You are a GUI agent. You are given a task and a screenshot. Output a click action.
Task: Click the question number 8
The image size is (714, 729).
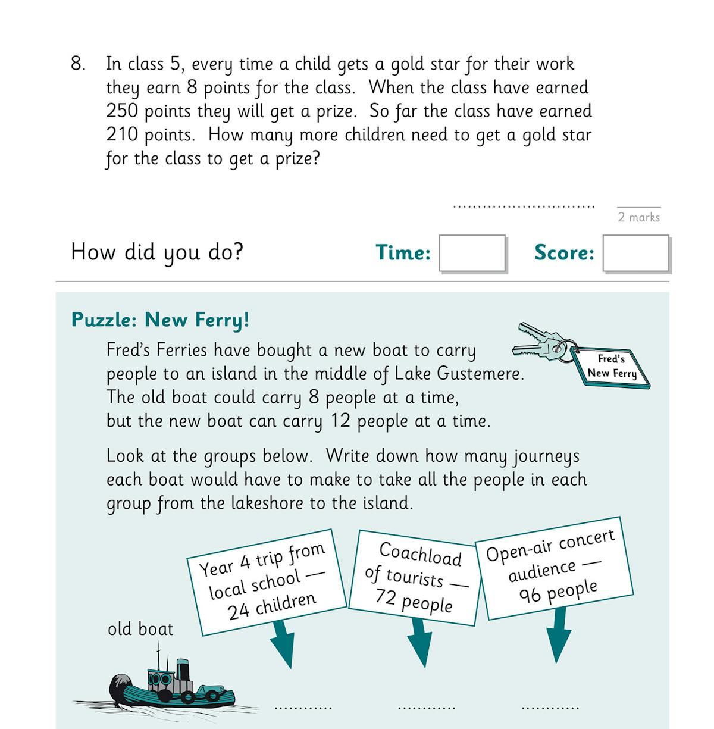pos(77,64)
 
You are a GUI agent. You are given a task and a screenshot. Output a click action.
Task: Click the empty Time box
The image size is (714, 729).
pos(472,254)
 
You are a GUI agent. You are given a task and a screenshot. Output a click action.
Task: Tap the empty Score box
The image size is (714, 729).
pos(635,254)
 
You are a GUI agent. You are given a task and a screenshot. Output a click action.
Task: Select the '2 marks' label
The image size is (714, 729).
pos(638,217)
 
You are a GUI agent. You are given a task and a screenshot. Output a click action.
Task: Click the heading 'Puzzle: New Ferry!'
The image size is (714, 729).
pos(160,320)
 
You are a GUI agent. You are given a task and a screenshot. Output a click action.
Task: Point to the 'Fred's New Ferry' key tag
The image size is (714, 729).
pos(611,366)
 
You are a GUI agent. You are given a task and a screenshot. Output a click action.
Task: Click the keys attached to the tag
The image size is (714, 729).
pos(538,344)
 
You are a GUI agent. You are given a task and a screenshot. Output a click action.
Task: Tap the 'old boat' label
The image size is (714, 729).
pos(140,629)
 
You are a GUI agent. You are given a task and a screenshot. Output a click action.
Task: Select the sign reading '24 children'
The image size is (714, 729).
pos(266,581)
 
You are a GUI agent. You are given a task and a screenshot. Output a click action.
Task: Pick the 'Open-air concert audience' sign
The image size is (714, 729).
pos(553,568)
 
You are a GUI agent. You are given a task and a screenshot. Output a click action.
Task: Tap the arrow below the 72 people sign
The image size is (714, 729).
pos(419,643)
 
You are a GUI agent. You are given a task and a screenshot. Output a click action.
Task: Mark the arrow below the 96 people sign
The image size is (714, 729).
pos(558,637)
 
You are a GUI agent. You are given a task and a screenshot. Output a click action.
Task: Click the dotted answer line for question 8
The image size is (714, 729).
pos(524,207)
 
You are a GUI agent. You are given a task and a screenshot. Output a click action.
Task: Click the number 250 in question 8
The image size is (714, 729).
pos(123,111)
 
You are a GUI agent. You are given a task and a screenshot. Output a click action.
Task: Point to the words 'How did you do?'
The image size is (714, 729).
pos(157,252)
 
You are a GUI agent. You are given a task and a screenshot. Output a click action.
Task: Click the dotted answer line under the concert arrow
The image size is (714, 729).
pos(550,708)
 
